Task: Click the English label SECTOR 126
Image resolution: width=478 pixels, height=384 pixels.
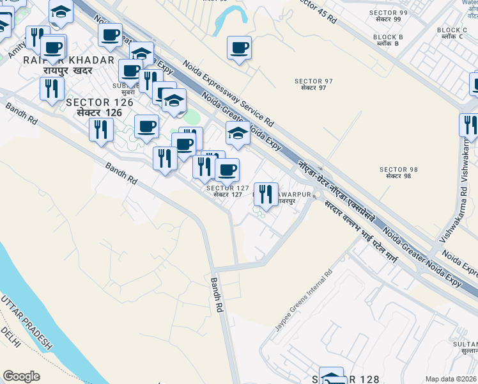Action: (100, 102)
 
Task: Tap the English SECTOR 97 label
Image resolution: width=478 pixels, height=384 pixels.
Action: (310, 81)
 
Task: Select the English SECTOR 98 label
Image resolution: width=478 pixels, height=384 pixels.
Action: (398, 170)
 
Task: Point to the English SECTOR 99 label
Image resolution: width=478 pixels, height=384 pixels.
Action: (389, 12)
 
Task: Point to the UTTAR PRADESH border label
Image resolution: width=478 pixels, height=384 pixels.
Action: (26, 323)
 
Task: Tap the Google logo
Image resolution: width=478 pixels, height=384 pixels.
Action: (21, 376)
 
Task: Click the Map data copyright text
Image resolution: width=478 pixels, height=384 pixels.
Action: (451, 379)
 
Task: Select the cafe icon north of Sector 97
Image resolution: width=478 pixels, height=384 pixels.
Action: (239, 47)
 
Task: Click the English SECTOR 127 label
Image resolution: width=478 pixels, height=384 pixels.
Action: (224, 187)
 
